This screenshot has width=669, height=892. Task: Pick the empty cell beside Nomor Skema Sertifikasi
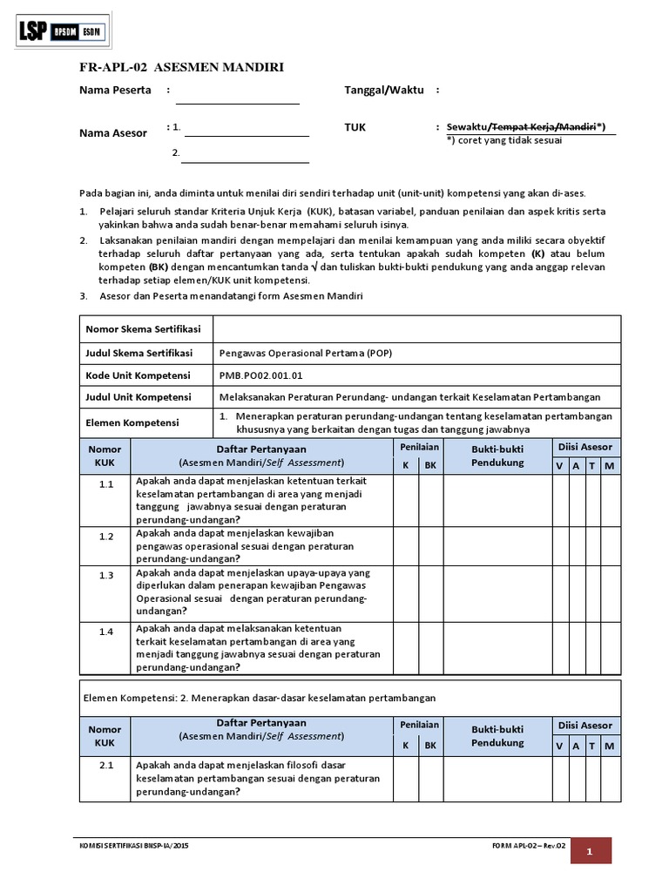[x=416, y=329]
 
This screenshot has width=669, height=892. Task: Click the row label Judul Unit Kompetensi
[x=138, y=397]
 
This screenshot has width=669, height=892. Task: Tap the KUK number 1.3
[x=106, y=576]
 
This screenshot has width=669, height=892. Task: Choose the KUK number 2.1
[x=106, y=765]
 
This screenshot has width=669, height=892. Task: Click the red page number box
[x=591, y=853]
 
